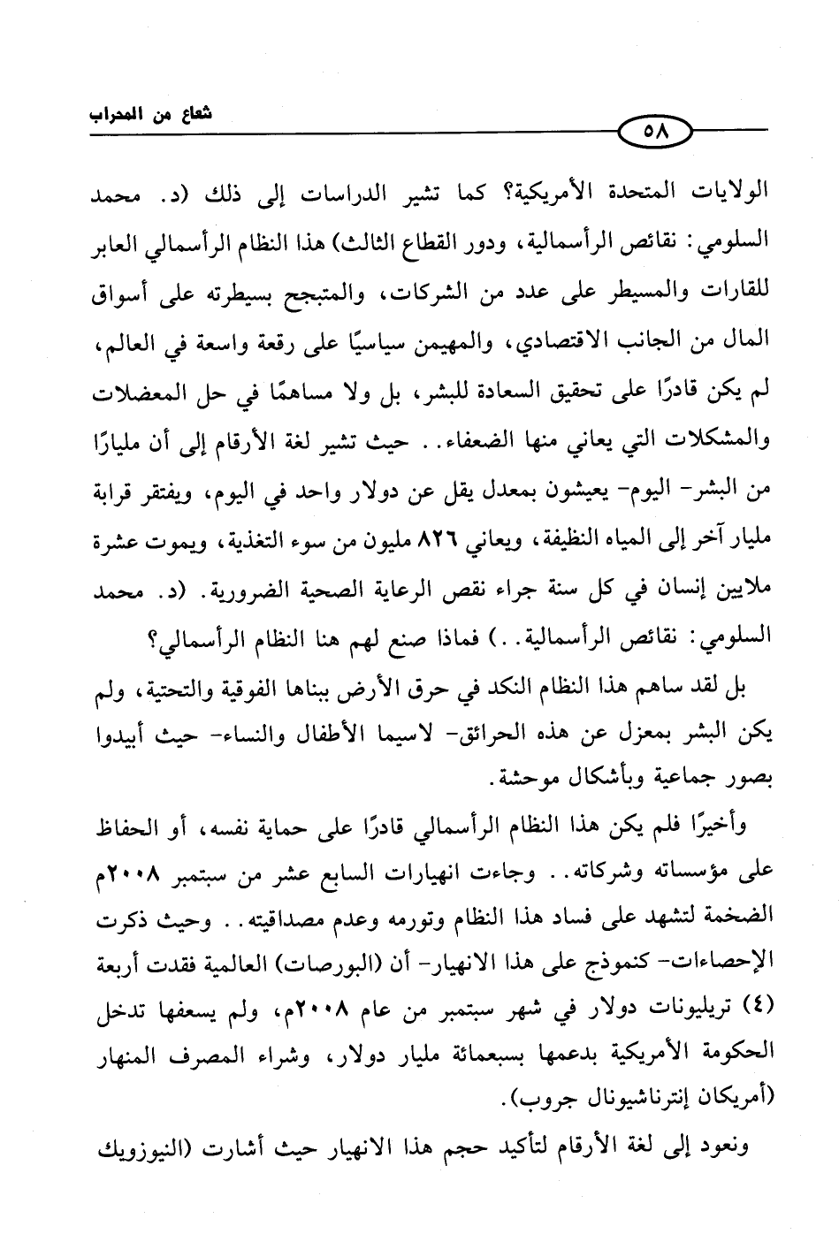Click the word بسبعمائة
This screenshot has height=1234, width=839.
[495, 1052]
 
